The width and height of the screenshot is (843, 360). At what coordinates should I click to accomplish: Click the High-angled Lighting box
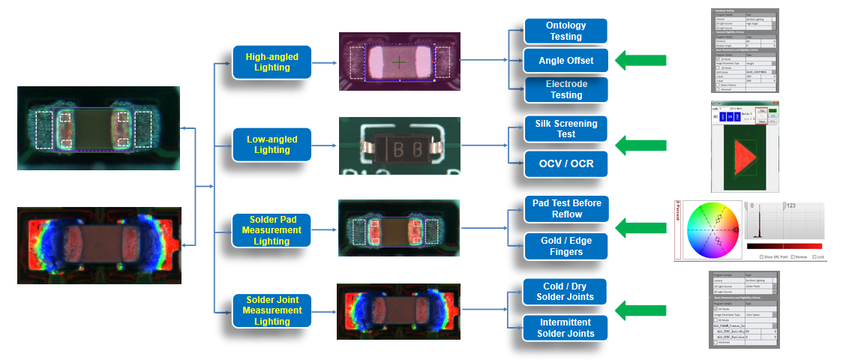point(271,61)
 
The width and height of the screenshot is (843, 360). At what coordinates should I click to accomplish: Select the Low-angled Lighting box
point(271,144)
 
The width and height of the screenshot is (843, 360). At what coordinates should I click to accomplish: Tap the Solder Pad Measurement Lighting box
point(271,229)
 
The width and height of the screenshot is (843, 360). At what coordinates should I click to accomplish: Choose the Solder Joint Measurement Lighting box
point(271,310)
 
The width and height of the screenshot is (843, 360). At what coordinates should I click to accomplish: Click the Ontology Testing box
point(565,31)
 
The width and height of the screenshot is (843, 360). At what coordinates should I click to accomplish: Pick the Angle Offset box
point(565,60)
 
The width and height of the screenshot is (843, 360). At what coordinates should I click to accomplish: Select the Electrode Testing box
point(565,89)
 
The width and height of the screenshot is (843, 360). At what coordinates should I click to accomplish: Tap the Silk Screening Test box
point(565,128)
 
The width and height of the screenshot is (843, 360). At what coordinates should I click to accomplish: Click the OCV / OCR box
point(565,163)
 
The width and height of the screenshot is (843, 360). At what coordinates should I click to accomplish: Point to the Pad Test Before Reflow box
point(565,208)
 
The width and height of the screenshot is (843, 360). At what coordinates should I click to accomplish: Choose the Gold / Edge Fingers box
point(565,246)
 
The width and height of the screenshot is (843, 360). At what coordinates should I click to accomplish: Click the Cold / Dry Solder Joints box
point(565,292)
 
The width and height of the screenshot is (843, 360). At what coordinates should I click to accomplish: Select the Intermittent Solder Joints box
point(565,328)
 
